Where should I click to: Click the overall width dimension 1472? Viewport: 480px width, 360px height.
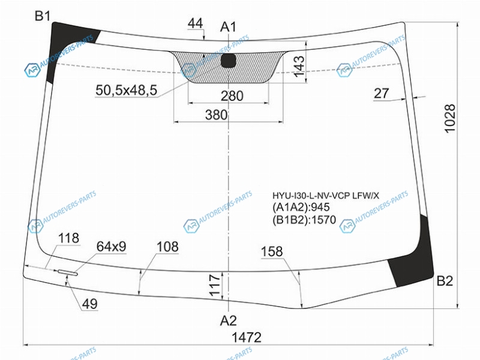tap(247, 337)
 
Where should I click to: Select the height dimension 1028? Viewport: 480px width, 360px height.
tap(450, 118)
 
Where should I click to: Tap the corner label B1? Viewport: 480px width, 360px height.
tap(43, 16)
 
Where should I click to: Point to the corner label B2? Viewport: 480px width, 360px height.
tap(445, 281)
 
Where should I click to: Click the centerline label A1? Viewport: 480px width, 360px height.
tap(229, 27)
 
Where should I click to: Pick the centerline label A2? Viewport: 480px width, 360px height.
tap(229, 321)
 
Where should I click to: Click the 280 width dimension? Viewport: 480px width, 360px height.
tap(232, 96)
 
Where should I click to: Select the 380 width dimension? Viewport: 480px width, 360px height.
tap(217, 115)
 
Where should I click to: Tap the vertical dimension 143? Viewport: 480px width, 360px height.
tap(299, 66)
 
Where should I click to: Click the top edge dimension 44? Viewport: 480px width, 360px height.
tap(196, 23)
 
